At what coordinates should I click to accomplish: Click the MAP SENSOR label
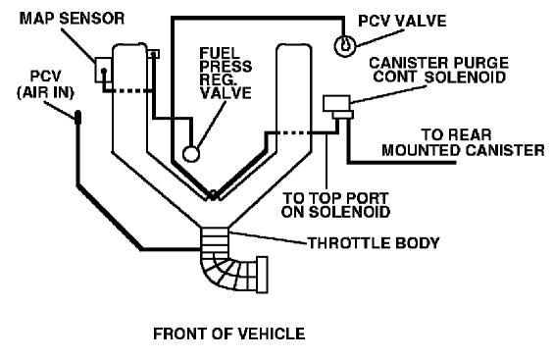72,19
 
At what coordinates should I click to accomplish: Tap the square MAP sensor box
104,70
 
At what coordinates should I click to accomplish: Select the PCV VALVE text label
402,21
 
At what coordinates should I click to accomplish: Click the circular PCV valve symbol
345,46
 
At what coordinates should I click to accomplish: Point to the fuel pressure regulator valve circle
191,154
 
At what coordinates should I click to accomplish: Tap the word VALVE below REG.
226,93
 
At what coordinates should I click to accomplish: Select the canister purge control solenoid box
337,103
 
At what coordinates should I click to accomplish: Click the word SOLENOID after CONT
465,77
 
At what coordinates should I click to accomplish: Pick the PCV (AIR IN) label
46,84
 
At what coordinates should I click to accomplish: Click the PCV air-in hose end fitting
77,117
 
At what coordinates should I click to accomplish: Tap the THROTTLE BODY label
374,243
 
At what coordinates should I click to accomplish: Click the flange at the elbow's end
262,275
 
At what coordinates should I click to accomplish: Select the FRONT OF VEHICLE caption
229,334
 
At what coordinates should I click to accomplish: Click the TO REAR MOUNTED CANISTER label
463,142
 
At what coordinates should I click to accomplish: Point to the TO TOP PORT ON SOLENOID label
335,205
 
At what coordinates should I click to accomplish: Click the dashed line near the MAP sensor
131,91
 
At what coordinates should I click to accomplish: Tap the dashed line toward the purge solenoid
293,133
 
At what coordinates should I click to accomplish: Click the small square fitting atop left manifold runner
153,54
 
